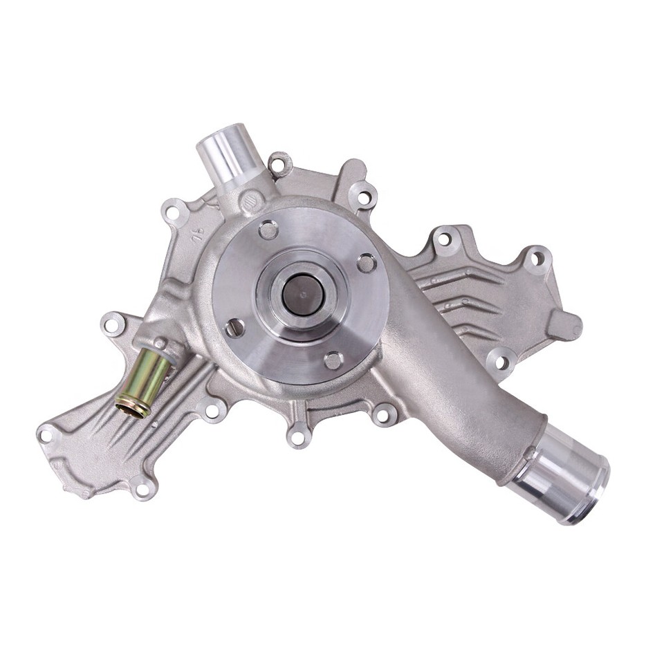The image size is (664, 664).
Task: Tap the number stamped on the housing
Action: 198,231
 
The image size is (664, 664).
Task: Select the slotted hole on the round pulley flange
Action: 235,327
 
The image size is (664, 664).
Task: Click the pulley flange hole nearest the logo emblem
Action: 268,230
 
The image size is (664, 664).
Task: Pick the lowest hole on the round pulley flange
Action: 333,360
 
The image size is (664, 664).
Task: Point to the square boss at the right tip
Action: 564,325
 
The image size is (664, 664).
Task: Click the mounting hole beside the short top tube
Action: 279,165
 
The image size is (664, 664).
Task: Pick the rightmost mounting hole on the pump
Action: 536,259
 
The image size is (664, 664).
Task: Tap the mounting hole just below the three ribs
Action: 501,361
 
